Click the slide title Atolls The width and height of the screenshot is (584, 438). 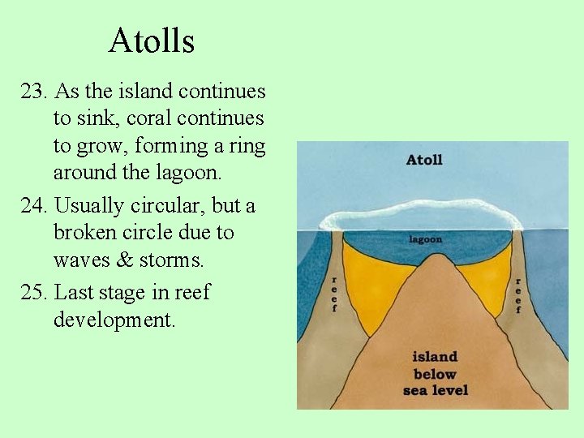[x=152, y=41]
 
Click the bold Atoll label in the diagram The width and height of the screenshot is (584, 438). [x=424, y=160]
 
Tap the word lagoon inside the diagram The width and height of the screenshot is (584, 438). [x=425, y=239]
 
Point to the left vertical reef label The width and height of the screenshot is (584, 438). [x=333, y=294]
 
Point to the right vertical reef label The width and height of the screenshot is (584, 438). [x=517, y=294]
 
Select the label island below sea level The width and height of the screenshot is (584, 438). [x=435, y=373]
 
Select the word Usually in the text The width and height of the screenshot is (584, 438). [x=88, y=206]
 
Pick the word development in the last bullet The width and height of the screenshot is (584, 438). [x=114, y=320]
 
